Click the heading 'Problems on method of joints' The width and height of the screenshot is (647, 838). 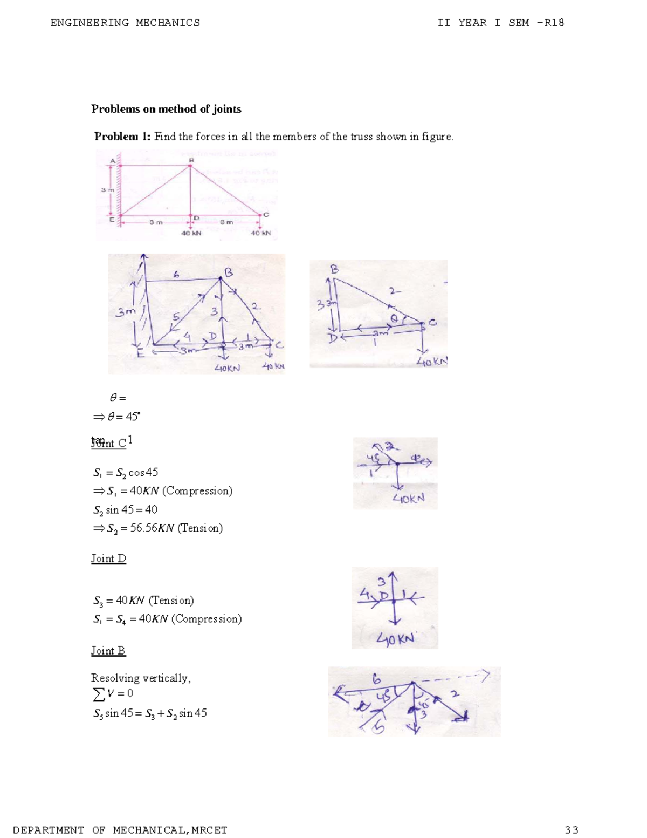(166, 109)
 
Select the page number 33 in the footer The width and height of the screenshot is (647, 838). (572, 830)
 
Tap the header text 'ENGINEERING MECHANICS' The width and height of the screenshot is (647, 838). (125, 23)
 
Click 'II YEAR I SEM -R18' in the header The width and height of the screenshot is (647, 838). (501, 23)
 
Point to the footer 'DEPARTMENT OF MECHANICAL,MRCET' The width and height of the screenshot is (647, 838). (120, 830)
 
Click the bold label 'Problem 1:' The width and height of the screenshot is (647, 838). (122, 137)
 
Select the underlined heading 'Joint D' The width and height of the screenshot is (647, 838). (108, 558)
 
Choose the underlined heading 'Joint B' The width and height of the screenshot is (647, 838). (108, 651)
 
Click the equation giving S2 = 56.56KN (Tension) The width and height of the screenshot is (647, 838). (157, 528)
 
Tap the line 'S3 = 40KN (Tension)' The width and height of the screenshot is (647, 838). (143, 601)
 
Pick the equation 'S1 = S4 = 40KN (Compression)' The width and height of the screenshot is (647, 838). (167, 619)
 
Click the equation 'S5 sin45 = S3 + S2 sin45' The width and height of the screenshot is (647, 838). (150, 713)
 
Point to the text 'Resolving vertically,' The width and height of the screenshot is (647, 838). (141, 678)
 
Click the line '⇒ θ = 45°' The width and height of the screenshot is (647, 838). (116, 417)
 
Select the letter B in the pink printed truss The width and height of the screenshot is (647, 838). (191, 160)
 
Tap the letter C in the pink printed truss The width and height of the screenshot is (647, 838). (266, 215)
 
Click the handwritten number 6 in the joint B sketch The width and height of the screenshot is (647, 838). (376, 679)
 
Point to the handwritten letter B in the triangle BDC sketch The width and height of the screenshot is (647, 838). (334, 269)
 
